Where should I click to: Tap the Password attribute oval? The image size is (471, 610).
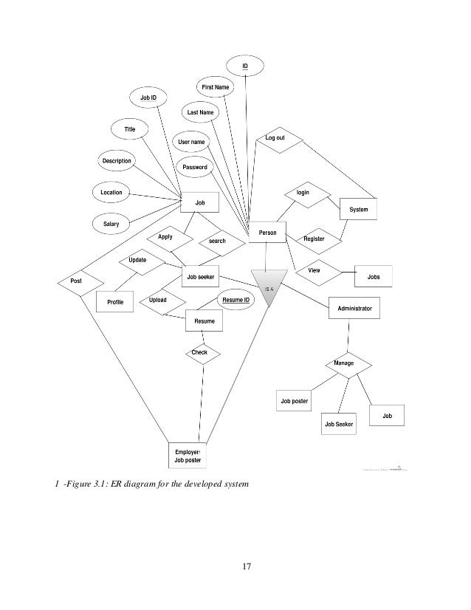(195, 167)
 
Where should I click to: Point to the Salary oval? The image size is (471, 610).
(111, 222)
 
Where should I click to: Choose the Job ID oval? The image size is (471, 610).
(148, 97)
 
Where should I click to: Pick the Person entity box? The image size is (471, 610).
(267, 233)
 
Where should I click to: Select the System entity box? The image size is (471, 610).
(358, 210)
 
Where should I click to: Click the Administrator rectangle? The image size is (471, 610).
(354, 308)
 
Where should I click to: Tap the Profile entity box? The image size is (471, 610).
(115, 302)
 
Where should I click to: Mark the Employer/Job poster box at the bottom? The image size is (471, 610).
(187, 456)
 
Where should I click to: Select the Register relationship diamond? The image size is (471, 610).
(314, 239)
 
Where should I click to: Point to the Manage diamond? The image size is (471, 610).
(348, 364)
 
